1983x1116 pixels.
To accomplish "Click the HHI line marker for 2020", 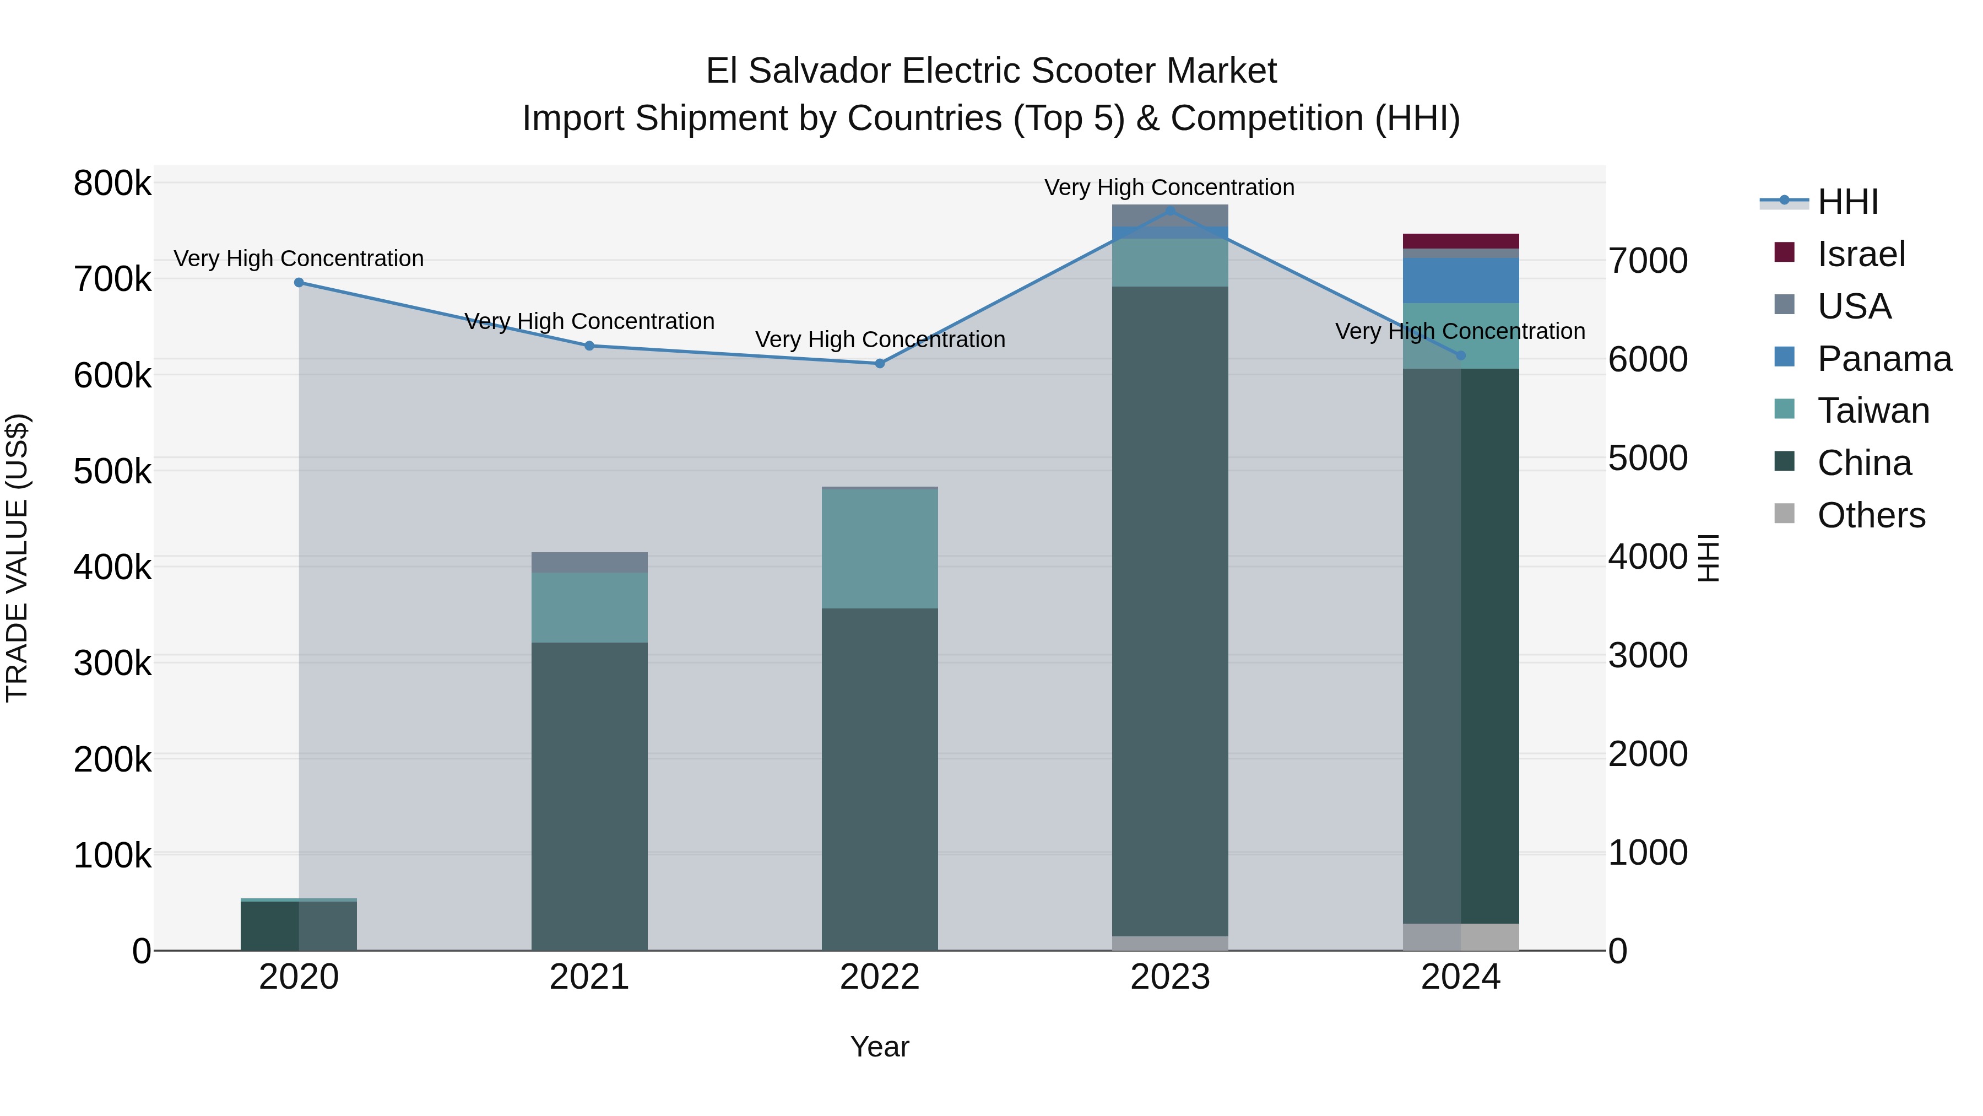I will pyautogui.click(x=299, y=283).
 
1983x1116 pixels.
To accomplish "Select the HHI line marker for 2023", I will pyautogui.click(x=1170, y=211).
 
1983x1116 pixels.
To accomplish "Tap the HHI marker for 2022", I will pyautogui.click(x=880, y=364).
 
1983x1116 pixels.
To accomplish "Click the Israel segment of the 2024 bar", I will pyautogui.click(x=1460, y=241).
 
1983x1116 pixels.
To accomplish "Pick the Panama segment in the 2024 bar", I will pyautogui.click(x=1460, y=281).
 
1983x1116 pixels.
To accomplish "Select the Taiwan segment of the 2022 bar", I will pyautogui.click(x=880, y=548).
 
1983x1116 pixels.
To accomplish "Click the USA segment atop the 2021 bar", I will pyautogui.click(x=589, y=562).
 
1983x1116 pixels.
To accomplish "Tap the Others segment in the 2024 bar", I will pyautogui.click(x=1460, y=936).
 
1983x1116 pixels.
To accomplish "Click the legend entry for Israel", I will pyautogui.click(x=1861, y=254).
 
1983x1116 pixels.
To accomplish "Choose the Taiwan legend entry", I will pyautogui.click(x=1873, y=411).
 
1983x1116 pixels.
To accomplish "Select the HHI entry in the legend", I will pyautogui.click(x=1847, y=202).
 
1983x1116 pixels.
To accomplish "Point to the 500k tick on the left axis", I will pyautogui.click(x=112, y=471).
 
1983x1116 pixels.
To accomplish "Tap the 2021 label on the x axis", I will pyautogui.click(x=589, y=977).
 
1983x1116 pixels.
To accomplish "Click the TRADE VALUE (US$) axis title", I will pyautogui.click(x=17, y=558).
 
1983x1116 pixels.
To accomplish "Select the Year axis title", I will pyautogui.click(x=879, y=1047).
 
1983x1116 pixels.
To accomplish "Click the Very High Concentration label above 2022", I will pyautogui.click(x=880, y=339).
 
